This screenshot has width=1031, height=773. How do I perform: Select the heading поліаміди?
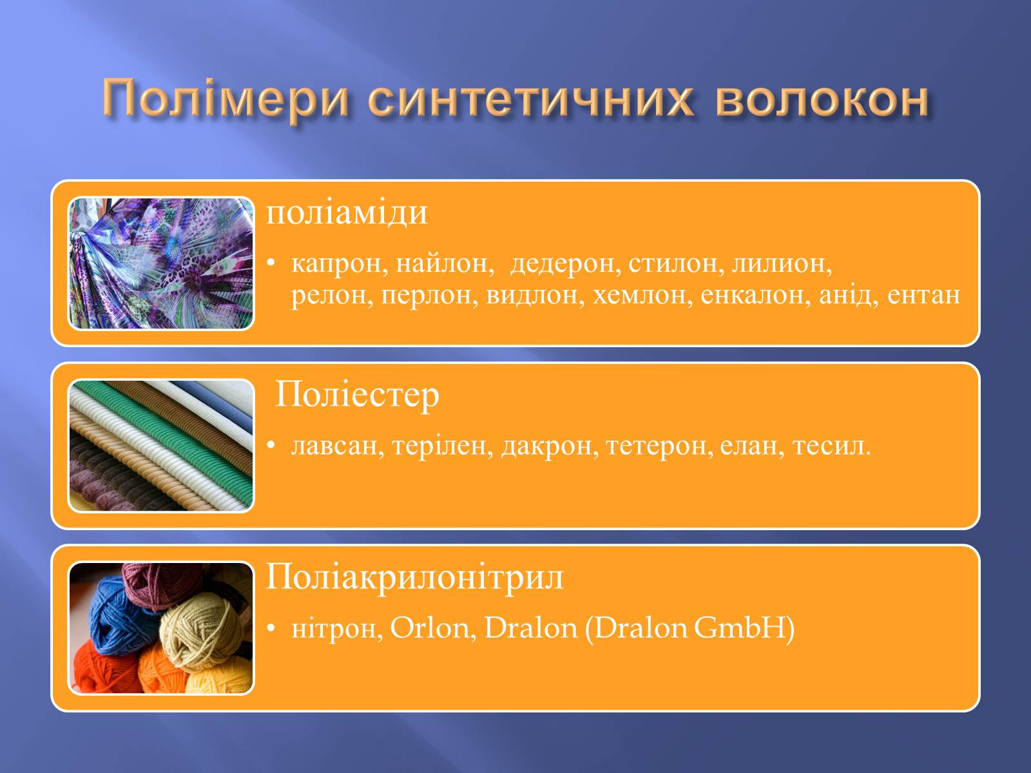point(347,214)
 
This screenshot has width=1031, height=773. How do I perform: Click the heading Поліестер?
point(357,396)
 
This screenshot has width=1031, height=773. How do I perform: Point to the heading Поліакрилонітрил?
point(414,577)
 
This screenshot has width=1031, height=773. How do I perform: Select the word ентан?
point(923,296)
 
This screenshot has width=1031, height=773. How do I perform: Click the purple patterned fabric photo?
point(161,263)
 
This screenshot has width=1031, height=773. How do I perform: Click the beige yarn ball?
point(202,629)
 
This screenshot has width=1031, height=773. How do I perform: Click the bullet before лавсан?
point(271,445)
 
